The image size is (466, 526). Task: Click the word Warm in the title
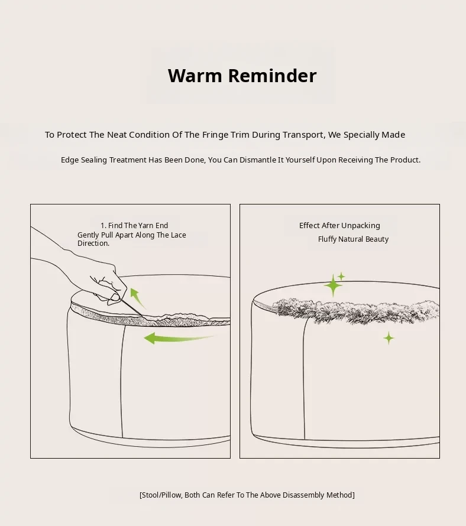point(195,76)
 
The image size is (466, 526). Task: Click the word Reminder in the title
point(272,76)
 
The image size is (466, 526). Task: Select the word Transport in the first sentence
point(303,135)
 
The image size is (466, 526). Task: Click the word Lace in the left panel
point(178,235)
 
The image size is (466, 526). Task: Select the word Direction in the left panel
point(93,243)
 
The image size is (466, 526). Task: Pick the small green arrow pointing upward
point(137,297)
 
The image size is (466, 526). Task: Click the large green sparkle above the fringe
point(333,285)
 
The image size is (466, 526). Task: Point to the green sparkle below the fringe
point(389,338)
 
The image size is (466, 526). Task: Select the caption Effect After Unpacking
point(339,225)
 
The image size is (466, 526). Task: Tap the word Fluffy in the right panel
point(327,239)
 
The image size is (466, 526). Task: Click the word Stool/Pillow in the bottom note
point(162,495)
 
